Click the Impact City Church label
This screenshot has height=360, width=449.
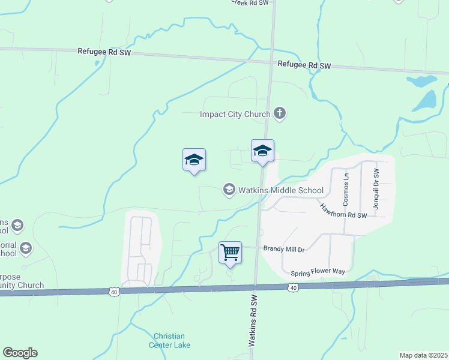(235, 113)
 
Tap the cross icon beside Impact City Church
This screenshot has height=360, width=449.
(279, 113)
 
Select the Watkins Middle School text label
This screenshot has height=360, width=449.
(281, 191)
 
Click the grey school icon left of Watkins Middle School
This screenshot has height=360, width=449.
(229, 190)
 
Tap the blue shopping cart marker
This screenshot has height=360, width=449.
(231, 253)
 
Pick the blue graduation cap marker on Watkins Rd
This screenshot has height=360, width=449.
(262, 151)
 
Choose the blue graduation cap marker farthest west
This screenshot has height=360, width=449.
(194, 160)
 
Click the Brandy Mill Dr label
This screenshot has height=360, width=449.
(285, 248)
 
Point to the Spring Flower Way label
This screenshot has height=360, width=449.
(318, 272)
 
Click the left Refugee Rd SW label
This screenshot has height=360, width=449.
(104, 52)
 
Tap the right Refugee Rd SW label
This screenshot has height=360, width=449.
(304, 65)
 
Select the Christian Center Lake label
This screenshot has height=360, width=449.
(169, 340)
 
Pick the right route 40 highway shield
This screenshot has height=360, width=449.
(293, 289)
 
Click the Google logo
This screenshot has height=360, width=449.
(20, 353)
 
